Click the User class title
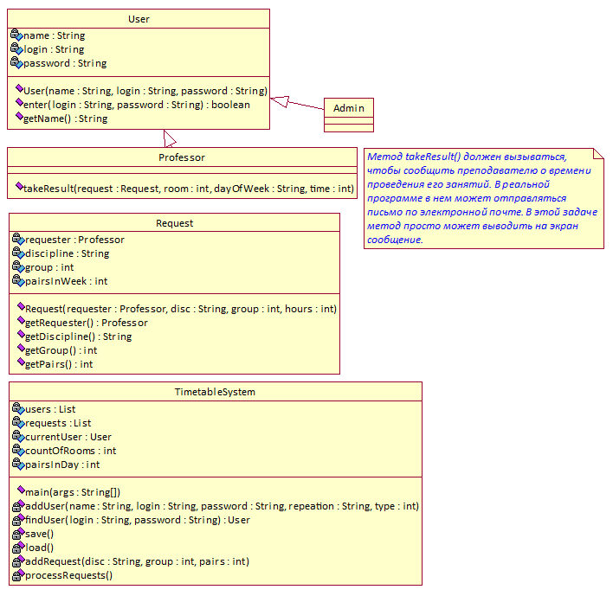tap(139, 19)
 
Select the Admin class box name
tap(349, 108)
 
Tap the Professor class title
tap(182, 157)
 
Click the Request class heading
tap(174, 223)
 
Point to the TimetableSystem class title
tap(215, 392)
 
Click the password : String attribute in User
tap(65, 63)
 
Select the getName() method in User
tap(65, 119)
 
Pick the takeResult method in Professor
tap(189, 189)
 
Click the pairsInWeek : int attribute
tap(66, 281)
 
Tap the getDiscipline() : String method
tap(78, 336)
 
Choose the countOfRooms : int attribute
tap(70, 451)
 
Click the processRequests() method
tap(68, 575)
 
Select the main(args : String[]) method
tap(73, 492)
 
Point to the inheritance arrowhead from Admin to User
tap(280, 101)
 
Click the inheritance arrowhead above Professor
tap(170, 138)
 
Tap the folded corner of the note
tap(598, 153)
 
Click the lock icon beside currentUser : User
tap(17, 436)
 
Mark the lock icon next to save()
tap(18, 534)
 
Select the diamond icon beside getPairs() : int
tap(21, 362)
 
